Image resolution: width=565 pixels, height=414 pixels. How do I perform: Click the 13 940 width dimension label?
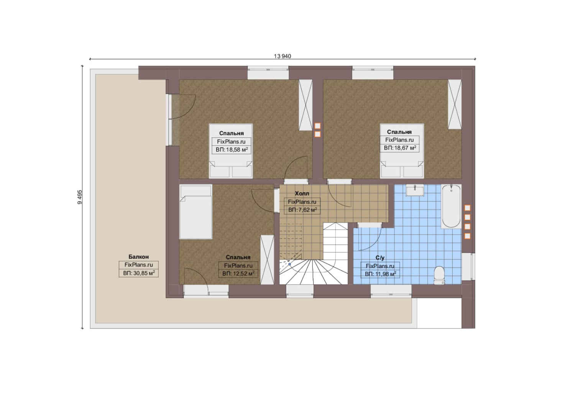282,56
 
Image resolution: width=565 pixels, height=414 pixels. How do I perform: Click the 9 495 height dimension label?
80,197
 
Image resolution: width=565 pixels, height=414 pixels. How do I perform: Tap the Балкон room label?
138,256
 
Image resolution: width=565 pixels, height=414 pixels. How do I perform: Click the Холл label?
302,194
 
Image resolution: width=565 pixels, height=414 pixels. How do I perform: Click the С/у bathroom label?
380,258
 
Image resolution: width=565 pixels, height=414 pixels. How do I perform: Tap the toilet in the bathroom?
439,275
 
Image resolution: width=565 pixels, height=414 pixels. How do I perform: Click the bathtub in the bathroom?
451,206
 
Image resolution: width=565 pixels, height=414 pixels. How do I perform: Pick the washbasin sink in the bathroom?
415,190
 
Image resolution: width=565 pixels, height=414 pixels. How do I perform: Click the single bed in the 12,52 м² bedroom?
196,212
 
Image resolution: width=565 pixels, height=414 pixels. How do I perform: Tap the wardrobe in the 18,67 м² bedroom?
455,105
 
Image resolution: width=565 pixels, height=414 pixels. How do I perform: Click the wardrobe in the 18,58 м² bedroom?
305,105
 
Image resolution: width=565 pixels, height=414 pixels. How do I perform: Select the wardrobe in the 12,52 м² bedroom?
267,260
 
